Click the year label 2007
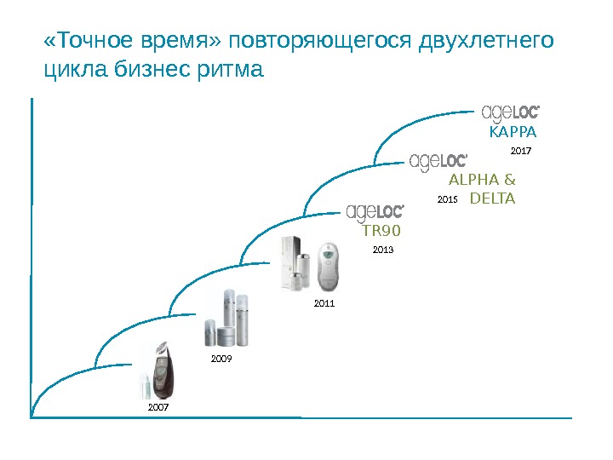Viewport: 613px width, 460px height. (159, 408)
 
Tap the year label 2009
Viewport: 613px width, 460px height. (221, 359)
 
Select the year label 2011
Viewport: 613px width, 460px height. (324, 302)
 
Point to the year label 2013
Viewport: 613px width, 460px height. (384, 250)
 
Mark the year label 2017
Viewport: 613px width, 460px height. (521, 151)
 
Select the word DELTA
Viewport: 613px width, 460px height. (493, 198)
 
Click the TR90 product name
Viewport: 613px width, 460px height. (381, 230)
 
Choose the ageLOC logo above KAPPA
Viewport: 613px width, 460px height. (512, 112)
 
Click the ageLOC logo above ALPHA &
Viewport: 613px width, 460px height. (439, 161)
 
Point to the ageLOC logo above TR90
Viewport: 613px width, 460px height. (375, 211)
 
